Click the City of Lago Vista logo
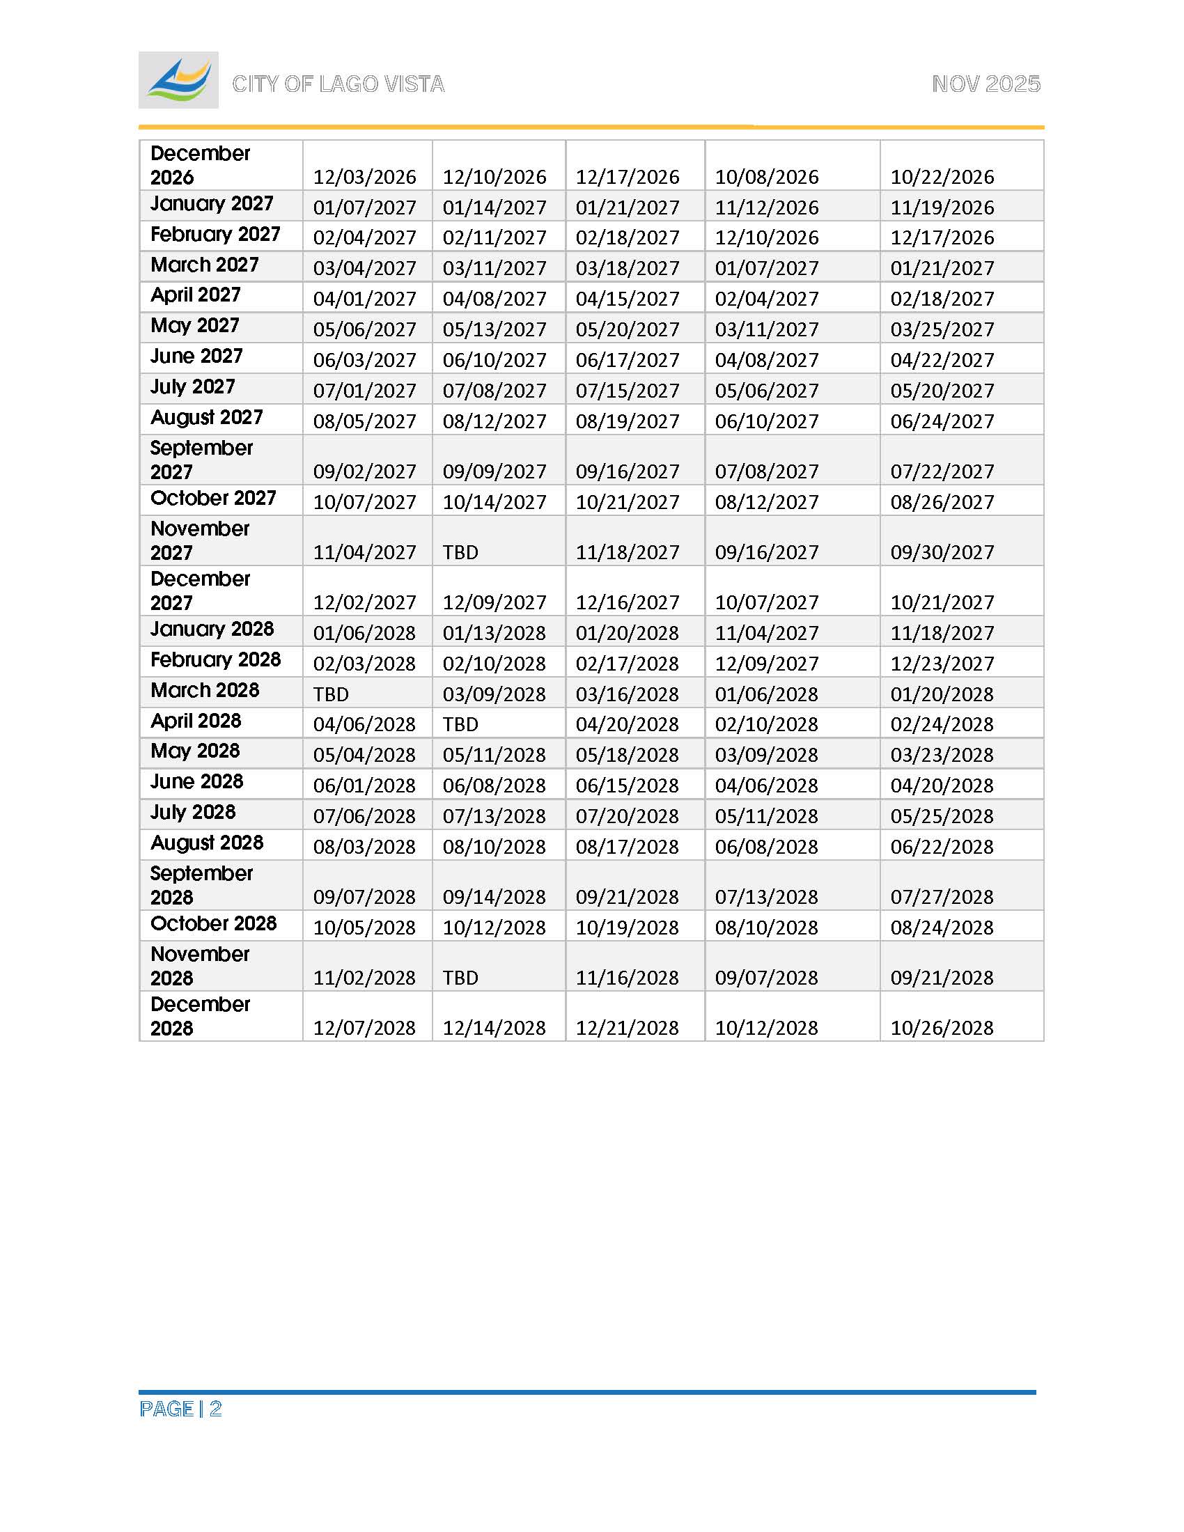178,80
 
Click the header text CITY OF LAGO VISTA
338,84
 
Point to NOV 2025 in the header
986,84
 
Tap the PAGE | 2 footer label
180,1409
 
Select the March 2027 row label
204,265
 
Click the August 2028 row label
207,843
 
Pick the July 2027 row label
192,386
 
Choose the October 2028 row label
213,923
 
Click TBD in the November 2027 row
460,553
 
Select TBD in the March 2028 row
330,694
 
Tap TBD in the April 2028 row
460,724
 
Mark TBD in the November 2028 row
460,978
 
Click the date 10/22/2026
942,177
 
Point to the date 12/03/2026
364,177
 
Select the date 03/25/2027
942,329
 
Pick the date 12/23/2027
942,664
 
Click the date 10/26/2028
942,1028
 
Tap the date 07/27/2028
942,897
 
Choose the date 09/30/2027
942,553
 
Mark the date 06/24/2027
942,421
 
